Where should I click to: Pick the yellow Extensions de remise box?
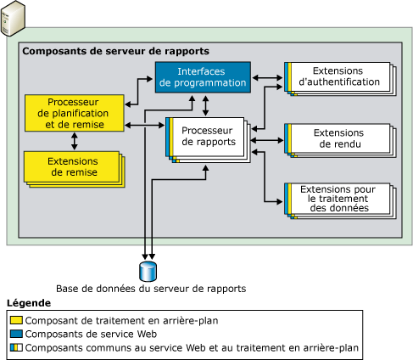71,166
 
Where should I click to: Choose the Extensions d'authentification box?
338,76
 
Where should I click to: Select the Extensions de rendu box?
338,138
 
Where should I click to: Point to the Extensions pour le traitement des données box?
338,199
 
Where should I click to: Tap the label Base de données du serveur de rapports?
150,289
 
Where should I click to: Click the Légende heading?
28,303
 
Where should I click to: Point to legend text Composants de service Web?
85,335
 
